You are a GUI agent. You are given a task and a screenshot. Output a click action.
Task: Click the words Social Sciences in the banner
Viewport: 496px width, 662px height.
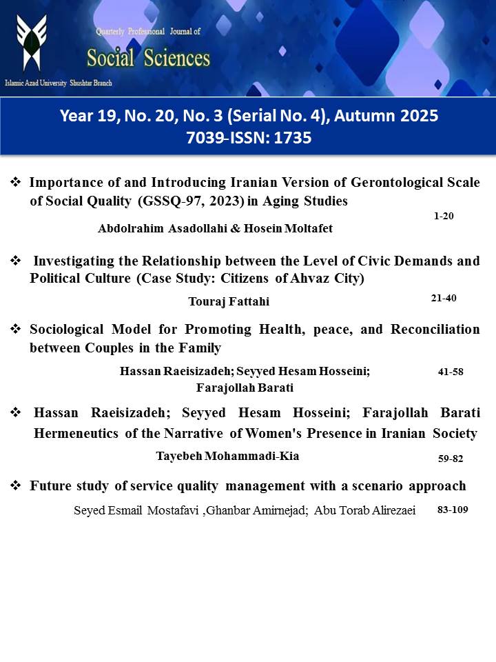pos(148,57)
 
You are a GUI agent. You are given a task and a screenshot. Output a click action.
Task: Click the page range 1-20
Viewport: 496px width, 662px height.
pos(444,216)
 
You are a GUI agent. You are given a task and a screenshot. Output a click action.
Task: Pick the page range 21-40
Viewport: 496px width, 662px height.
pos(443,298)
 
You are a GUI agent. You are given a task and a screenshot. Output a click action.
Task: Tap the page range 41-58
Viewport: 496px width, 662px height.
pos(451,372)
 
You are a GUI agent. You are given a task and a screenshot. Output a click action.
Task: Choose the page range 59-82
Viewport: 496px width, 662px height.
pos(451,458)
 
